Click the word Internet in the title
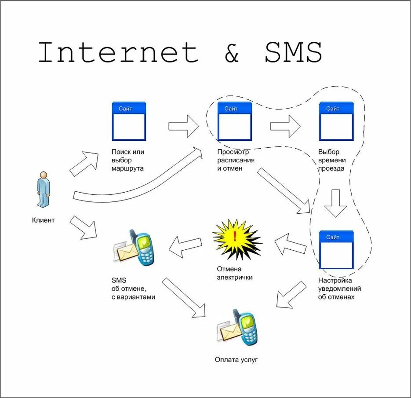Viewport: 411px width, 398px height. pyautogui.click(x=118, y=52)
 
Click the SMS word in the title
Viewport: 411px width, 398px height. pyautogui.click(x=294, y=52)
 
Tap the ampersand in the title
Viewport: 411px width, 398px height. pyautogui.click(x=231, y=53)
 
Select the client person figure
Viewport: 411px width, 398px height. pyautogui.click(x=43, y=189)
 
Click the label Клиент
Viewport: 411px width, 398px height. pyautogui.click(x=43, y=220)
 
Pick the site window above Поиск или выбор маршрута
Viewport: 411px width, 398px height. pyautogui.click(x=129, y=121)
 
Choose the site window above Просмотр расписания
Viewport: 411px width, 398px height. pyautogui.click(x=235, y=121)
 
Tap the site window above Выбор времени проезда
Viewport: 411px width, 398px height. pyautogui.click(x=336, y=121)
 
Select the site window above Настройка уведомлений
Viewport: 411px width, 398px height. pyautogui.click(x=336, y=249)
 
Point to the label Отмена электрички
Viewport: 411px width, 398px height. pyautogui.click(x=235, y=273)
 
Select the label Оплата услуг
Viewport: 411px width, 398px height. pyautogui.click(x=236, y=360)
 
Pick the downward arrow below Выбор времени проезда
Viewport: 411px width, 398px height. pyautogui.click(x=336, y=203)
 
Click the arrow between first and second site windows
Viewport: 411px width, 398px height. pyautogui.click(x=183, y=126)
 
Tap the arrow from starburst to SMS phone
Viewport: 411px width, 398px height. pyautogui.click(x=185, y=246)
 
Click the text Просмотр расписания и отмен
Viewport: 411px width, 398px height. pyautogui.click(x=236, y=160)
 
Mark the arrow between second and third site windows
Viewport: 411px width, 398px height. pyautogui.click(x=285, y=126)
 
